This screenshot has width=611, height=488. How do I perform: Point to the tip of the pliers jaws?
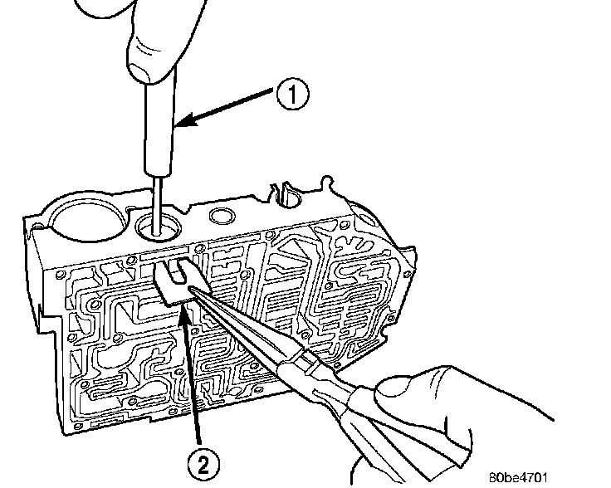click(193, 287)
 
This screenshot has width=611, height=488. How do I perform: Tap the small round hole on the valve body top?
click(222, 217)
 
